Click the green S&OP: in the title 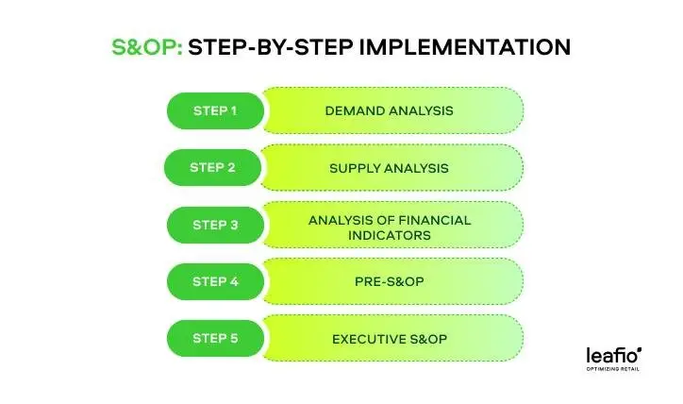point(146,47)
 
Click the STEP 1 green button point(215,110)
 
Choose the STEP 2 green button point(212,168)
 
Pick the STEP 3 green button point(215,225)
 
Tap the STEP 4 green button point(215,281)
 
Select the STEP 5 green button point(215,338)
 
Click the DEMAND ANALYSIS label point(389,110)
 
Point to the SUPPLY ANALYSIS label point(389,168)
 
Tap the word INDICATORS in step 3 point(389,234)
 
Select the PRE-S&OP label point(389,281)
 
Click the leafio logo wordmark point(612,355)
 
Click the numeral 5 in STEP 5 point(234,338)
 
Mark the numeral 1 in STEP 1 point(233,110)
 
